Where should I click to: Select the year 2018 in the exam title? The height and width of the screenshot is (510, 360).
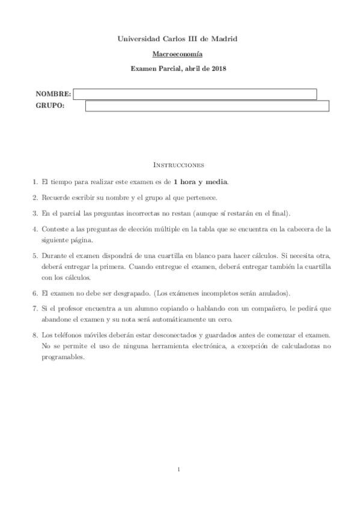click(x=218, y=69)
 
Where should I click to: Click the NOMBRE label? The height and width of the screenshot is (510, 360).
click(x=53, y=94)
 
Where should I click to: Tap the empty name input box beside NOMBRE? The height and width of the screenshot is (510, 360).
click(x=195, y=94)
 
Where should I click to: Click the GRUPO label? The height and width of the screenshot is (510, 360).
click(x=50, y=106)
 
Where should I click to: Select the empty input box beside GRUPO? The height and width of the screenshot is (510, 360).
click(x=207, y=106)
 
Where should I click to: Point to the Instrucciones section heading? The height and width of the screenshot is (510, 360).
click(x=180, y=164)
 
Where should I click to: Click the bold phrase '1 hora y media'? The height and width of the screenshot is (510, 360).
click(x=201, y=181)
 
